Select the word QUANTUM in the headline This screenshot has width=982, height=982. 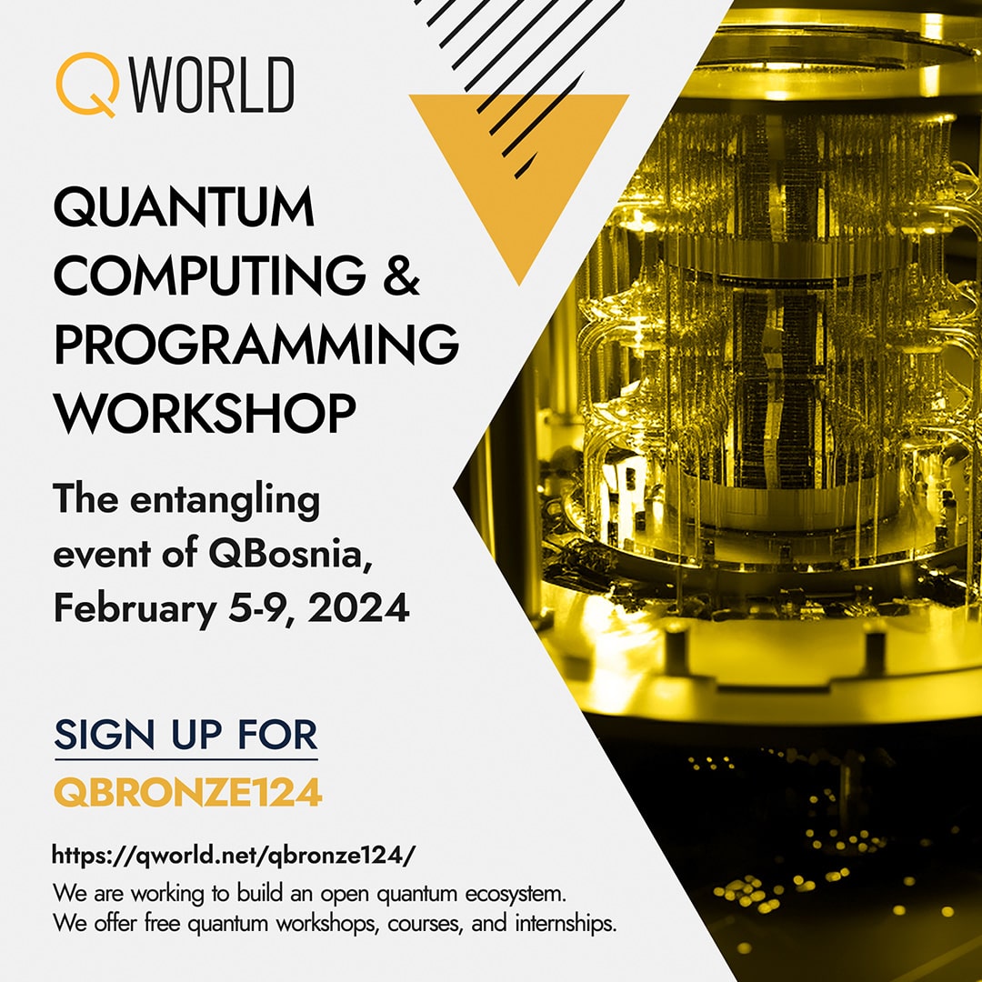[184, 208]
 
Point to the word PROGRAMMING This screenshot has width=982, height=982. [256, 344]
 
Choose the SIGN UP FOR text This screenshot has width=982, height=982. [185, 734]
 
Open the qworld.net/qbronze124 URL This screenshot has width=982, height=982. [234, 855]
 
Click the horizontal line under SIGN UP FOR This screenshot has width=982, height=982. [185, 759]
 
